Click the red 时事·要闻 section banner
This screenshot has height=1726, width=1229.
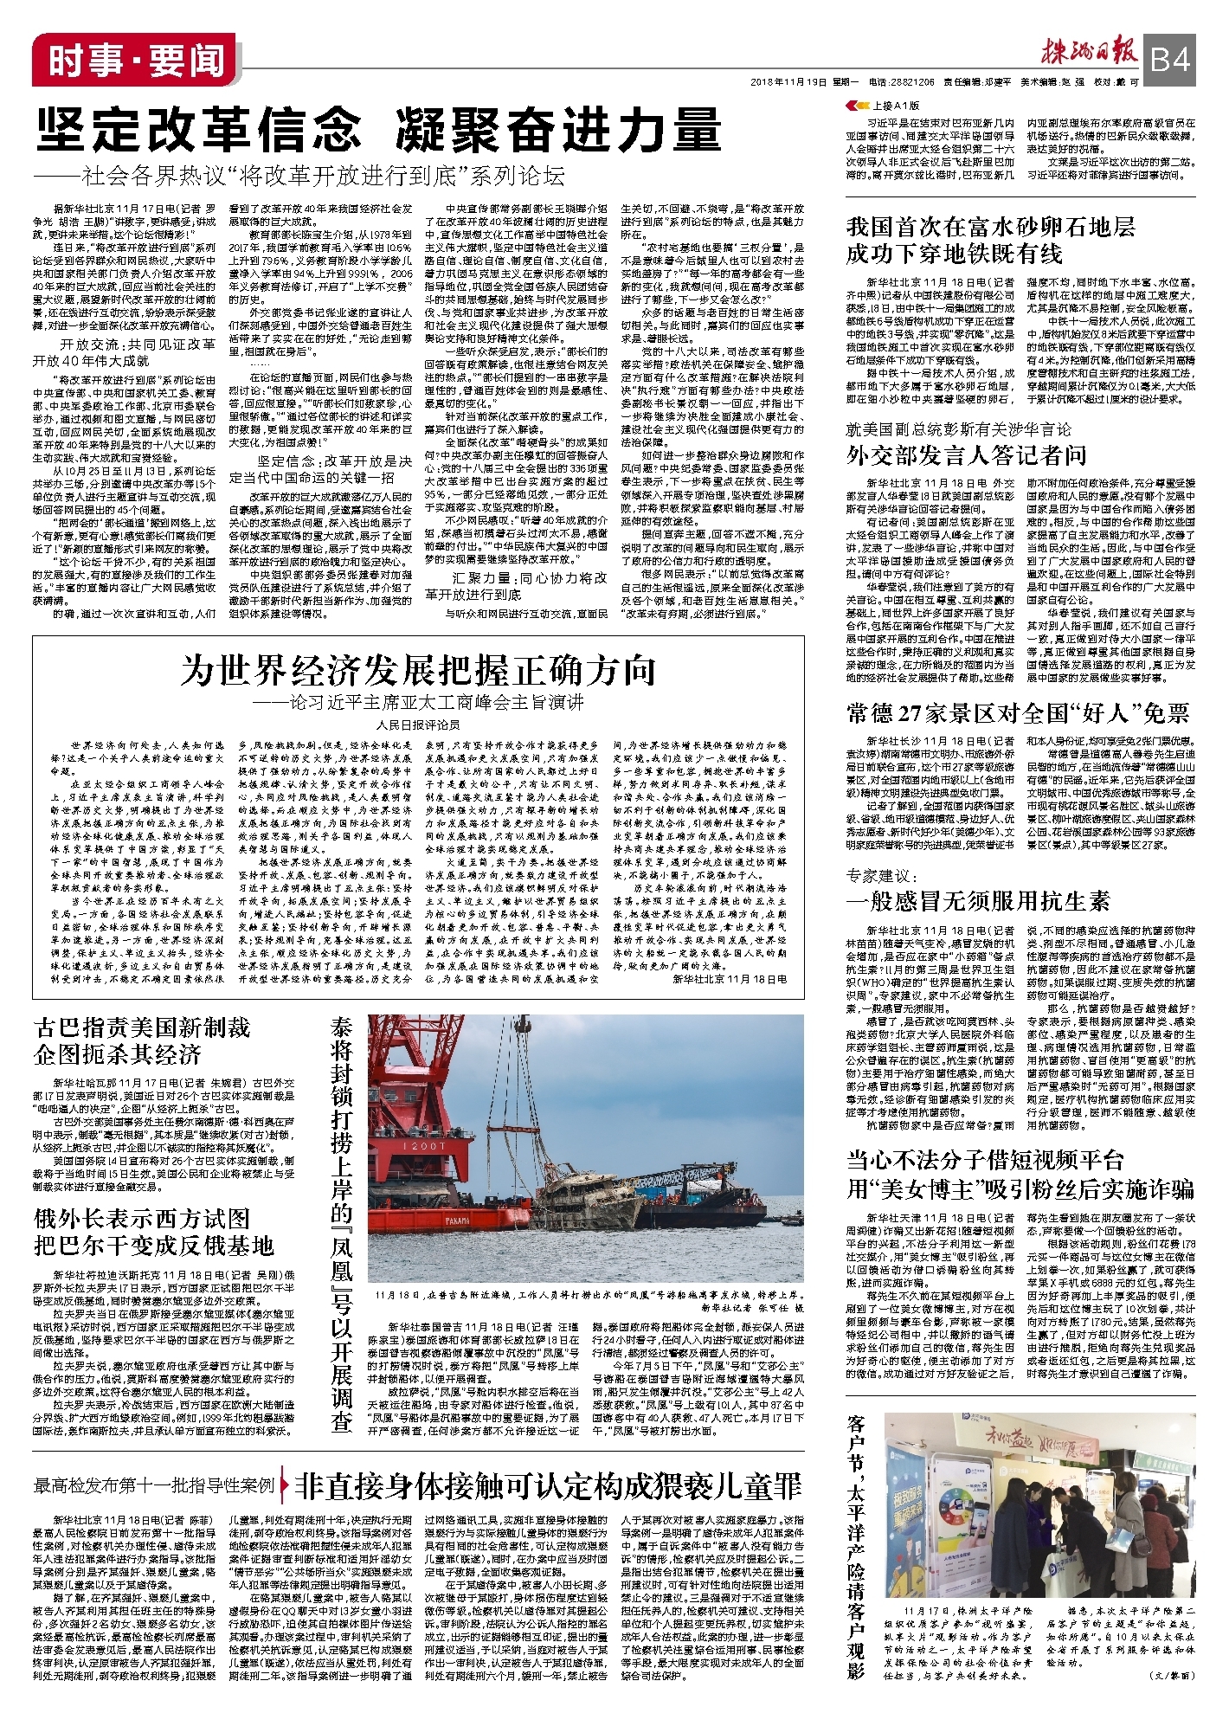[x=134, y=60]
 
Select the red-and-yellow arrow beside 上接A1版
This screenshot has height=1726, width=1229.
[x=853, y=105]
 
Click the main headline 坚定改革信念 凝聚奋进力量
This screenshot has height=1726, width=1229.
[x=378, y=131]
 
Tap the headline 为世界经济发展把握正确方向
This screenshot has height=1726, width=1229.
[x=418, y=671]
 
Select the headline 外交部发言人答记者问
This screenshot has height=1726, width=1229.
[x=966, y=455]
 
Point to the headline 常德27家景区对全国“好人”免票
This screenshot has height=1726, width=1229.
[x=1018, y=713]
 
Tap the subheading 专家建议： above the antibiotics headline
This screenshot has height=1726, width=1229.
[x=880, y=876]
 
